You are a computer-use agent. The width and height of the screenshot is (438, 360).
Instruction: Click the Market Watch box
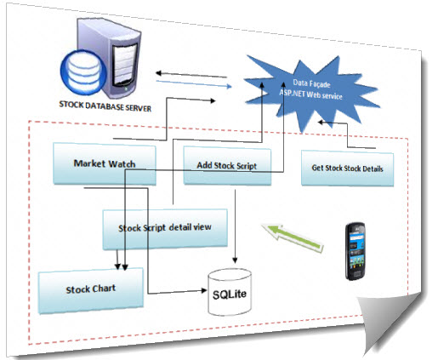point(105,163)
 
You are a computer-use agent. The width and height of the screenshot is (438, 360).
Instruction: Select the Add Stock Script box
point(227,166)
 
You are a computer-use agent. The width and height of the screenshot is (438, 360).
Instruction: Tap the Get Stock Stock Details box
point(347,169)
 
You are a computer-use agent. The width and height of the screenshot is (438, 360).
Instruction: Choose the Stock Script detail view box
point(165,229)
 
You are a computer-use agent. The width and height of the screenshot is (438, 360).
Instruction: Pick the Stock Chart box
point(91,290)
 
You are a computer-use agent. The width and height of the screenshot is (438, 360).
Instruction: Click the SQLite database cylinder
point(230,292)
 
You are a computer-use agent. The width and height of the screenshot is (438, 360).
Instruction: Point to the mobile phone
point(356,251)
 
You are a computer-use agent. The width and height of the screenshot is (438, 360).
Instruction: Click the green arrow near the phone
point(293,237)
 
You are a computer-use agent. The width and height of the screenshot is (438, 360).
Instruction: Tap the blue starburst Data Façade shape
point(311,92)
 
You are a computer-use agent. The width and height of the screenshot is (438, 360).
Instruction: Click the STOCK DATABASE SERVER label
point(105,106)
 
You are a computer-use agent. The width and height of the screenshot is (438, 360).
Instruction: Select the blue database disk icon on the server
point(83,72)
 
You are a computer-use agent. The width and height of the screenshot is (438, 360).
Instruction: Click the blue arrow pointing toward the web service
point(194,84)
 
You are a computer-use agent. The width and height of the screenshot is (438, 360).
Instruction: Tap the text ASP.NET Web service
point(310,94)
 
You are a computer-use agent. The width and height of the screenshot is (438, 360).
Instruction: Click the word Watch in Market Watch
point(122,163)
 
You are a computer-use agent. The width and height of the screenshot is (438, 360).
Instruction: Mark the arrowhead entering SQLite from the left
point(203,290)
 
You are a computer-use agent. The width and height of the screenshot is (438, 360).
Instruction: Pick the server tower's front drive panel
point(124,64)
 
